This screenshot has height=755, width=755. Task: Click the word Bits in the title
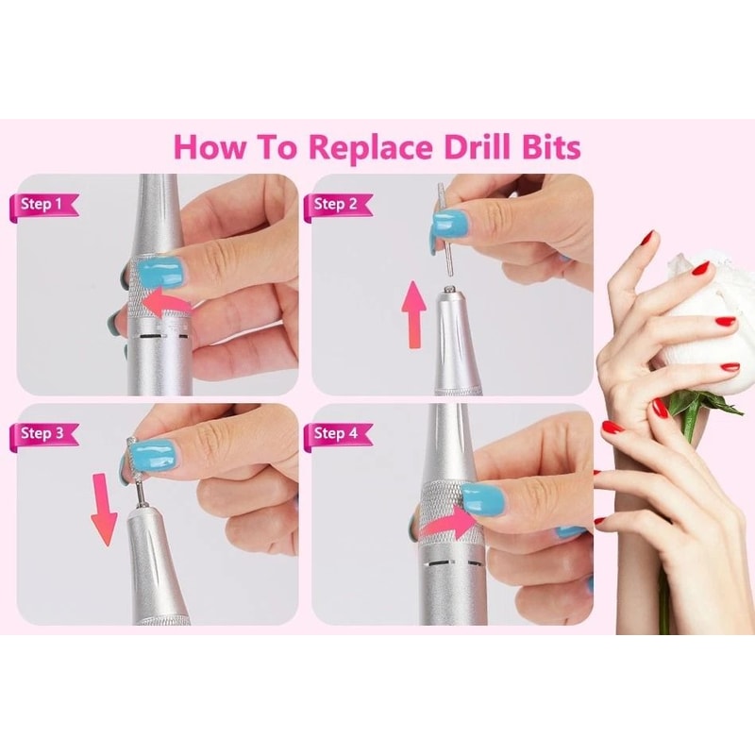pos(545,147)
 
